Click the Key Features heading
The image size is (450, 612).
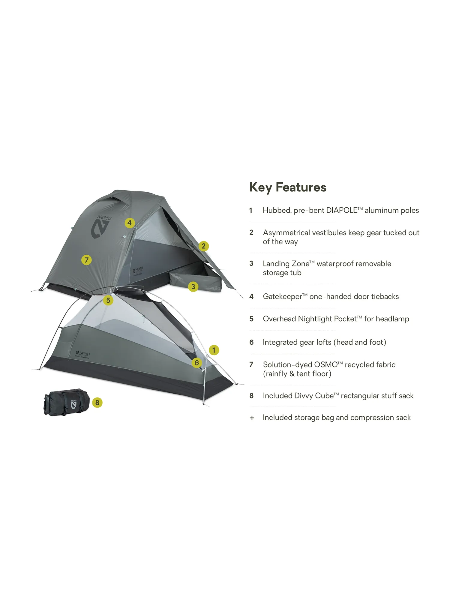pyautogui.click(x=288, y=187)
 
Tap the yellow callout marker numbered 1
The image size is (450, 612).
pyautogui.click(x=214, y=350)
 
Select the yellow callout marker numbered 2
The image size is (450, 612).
pyautogui.click(x=204, y=246)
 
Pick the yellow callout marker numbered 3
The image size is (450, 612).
pyautogui.click(x=193, y=286)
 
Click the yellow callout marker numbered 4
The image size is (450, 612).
pyautogui.click(x=130, y=223)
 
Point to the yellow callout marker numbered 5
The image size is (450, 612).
pyautogui.click(x=108, y=300)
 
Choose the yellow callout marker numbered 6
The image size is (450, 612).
pyautogui.click(x=197, y=363)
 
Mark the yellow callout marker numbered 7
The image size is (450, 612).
pyautogui.click(x=86, y=260)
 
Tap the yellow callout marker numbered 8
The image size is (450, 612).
pyautogui.click(x=97, y=402)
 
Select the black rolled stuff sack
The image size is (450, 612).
pyautogui.click(x=67, y=402)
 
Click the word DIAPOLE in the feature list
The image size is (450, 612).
pyautogui.click(x=342, y=210)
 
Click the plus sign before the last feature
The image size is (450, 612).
pyautogui.click(x=252, y=418)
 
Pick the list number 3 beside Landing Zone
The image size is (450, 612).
pyautogui.click(x=251, y=263)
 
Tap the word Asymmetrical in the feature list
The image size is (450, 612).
pyautogui.click(x=289, y=233)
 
